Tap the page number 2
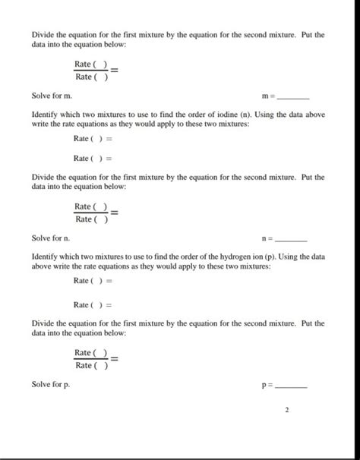point(286,411)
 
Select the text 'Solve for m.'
point(52,96)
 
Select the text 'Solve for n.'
point(51,238)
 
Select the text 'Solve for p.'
point(51,385)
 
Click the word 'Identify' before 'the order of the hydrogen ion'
point(46,257)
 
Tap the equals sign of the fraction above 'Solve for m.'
point(114,70)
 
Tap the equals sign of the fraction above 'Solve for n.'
point(114,213)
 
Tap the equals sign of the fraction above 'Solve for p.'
point(114,358)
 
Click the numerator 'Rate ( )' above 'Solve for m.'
point(91,64)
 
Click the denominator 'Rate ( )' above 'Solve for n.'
point(91,220)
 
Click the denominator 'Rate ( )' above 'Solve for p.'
point(91,365)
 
